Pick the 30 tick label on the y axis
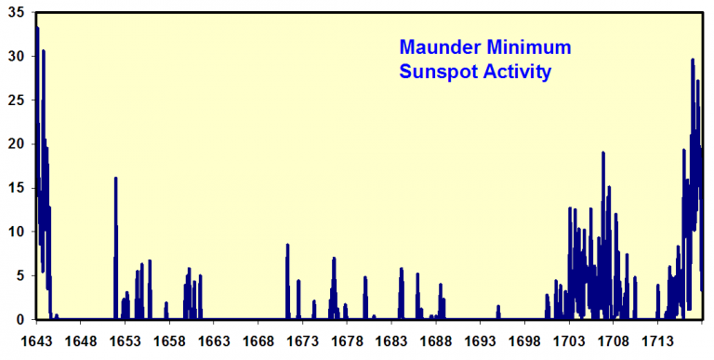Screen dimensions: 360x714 (17, 56)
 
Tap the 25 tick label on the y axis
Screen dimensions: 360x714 (17, 100)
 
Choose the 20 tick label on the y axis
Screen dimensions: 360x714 (17, 143)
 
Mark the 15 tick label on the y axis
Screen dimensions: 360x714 (17, 187)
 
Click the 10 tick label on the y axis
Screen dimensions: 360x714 (17, 231)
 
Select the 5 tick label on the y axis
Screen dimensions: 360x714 (20, 274)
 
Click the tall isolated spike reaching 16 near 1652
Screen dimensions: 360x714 (115, 233)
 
